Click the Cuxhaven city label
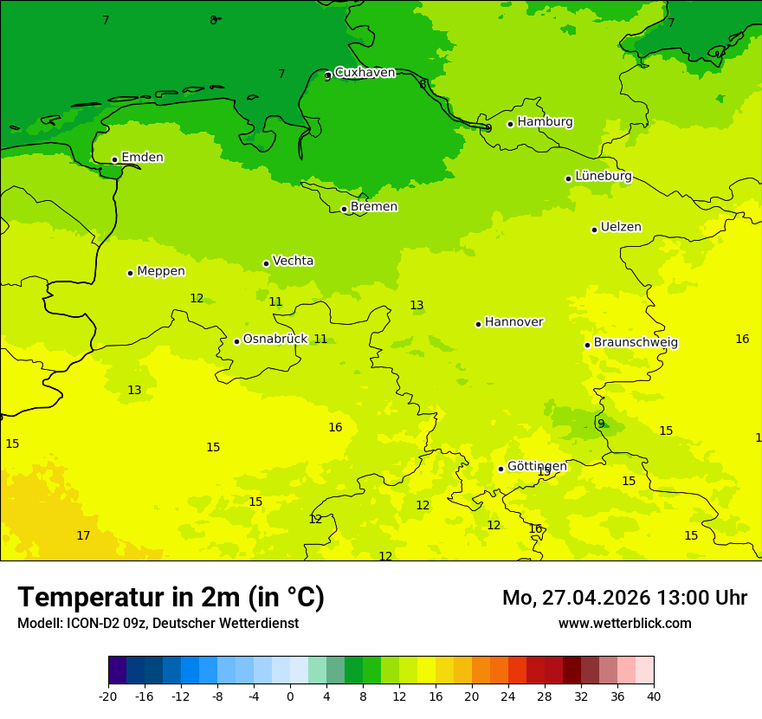point(365,73)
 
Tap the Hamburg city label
point(545,122)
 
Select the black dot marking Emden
point(114,159)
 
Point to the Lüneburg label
point(603,176)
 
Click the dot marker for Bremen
point(344,209)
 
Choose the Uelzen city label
point(621,227)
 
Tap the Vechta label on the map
point(293,261)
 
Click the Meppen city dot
point(130,273)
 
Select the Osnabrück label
point(274,339)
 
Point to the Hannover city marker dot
point(478,324)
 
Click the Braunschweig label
point(636,342)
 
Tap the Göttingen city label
point(537,466)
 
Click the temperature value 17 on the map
point(83,536)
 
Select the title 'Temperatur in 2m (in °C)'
point(171,597)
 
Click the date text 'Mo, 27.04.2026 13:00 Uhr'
point(624,598)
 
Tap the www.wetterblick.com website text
point(624,623)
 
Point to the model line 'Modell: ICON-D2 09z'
point(158,623)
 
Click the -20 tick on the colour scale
point(108,696)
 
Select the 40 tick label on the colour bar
point(654,696)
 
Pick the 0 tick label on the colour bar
point(290,696)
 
